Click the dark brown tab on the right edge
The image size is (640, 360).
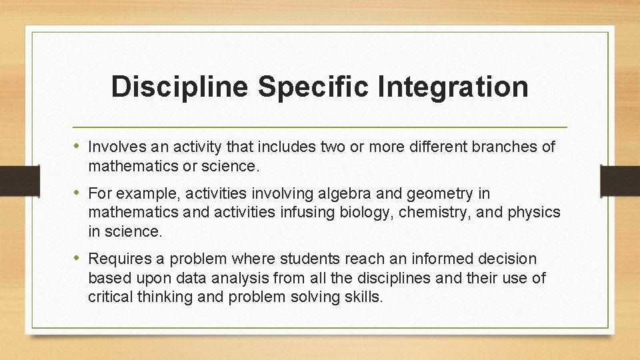(619, 181)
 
